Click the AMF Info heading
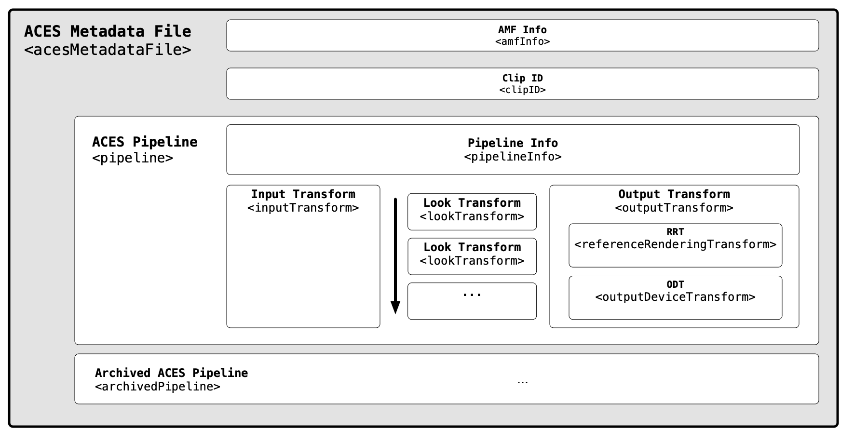[522, 30]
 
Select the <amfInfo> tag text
[522, 41]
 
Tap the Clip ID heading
[522, 78]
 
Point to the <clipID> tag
[522, 90]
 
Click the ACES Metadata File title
[108, 31]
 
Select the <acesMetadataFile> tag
[108, 50]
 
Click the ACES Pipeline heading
[145, 142]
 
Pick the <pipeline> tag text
[132, 158]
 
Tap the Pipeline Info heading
[513, 143]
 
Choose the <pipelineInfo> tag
[513, 157]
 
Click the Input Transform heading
[303, 194]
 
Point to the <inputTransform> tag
[303, 208]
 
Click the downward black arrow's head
[395, 308]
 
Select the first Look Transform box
[472, 211]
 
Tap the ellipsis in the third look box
[472, 295]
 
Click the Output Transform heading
[674, 194]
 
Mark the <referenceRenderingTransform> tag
[675, 244]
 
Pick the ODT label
[675, 284]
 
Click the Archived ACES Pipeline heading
[171, 373]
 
